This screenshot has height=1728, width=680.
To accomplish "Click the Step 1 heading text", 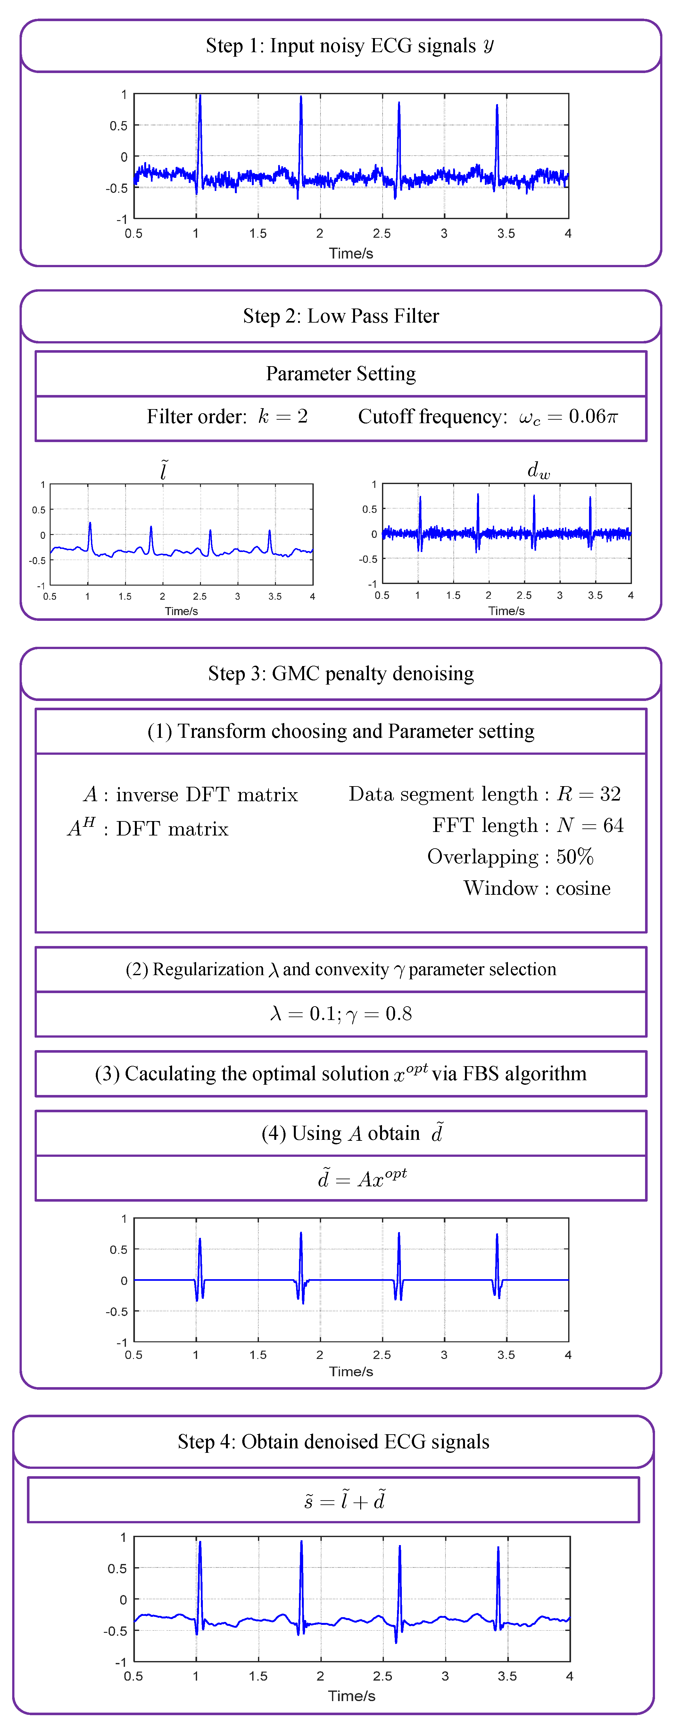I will pos(349,45).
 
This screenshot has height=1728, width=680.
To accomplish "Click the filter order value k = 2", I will pos(283,416).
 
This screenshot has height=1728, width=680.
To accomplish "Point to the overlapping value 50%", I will pos(575,857).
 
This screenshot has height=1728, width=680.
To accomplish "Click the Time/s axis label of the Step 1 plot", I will pos(350,254).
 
